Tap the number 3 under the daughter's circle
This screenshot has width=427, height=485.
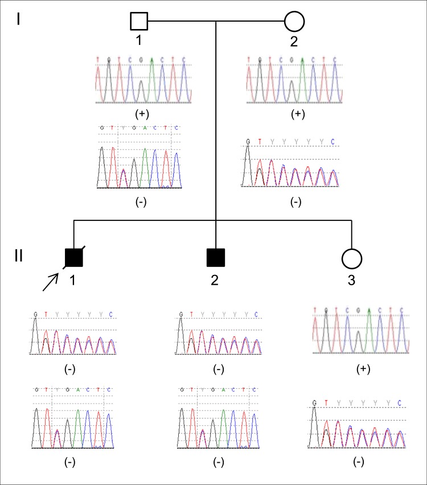tap(352, 280)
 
